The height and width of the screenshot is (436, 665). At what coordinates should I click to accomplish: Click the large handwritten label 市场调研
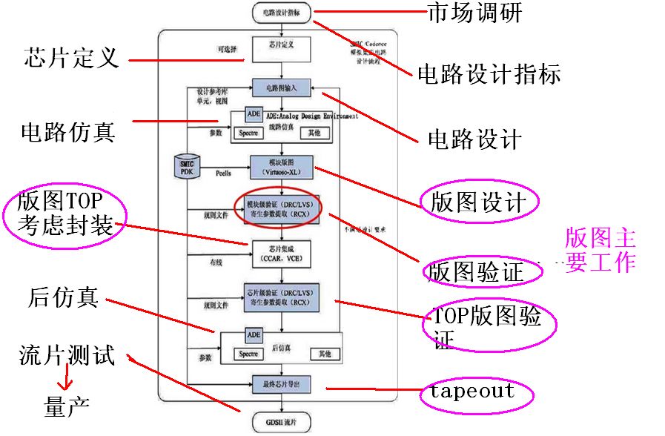click(x=474, y=12)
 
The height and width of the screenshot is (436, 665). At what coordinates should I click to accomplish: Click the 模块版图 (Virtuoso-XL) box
click(x=282, y=167)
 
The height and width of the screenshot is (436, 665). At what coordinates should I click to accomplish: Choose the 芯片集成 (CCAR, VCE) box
click(x=281, y=252)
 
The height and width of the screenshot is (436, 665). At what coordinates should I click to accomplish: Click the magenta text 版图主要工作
click(x=600, y=251)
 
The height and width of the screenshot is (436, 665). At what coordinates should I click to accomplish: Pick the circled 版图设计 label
click(x=478, y=202)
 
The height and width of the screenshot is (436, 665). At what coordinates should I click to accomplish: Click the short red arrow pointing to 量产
click(x=66, y=380)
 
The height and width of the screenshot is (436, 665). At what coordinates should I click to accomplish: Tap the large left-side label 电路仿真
click(x=67, y=132)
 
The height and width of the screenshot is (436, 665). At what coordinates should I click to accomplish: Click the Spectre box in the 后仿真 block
click(x=248, y=354)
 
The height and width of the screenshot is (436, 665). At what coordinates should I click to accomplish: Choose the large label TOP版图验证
click(x=486, y=326)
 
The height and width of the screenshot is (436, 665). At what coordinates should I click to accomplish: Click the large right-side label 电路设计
click(x=474, y=139)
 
